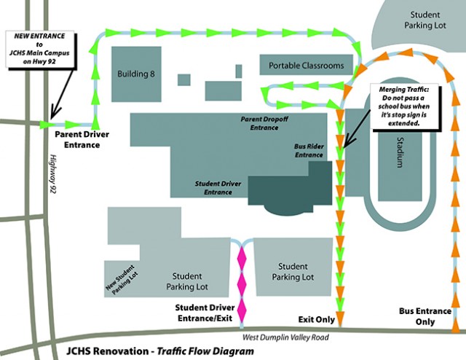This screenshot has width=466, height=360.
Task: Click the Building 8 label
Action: [x=138, y=74]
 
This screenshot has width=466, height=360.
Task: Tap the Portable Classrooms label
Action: [x=306, y=66]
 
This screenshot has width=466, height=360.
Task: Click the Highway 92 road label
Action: [x=52, y=175]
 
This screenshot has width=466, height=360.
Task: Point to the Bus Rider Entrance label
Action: [x=308, y=149]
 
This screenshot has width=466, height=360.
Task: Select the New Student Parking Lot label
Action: [x=127, y=278]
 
